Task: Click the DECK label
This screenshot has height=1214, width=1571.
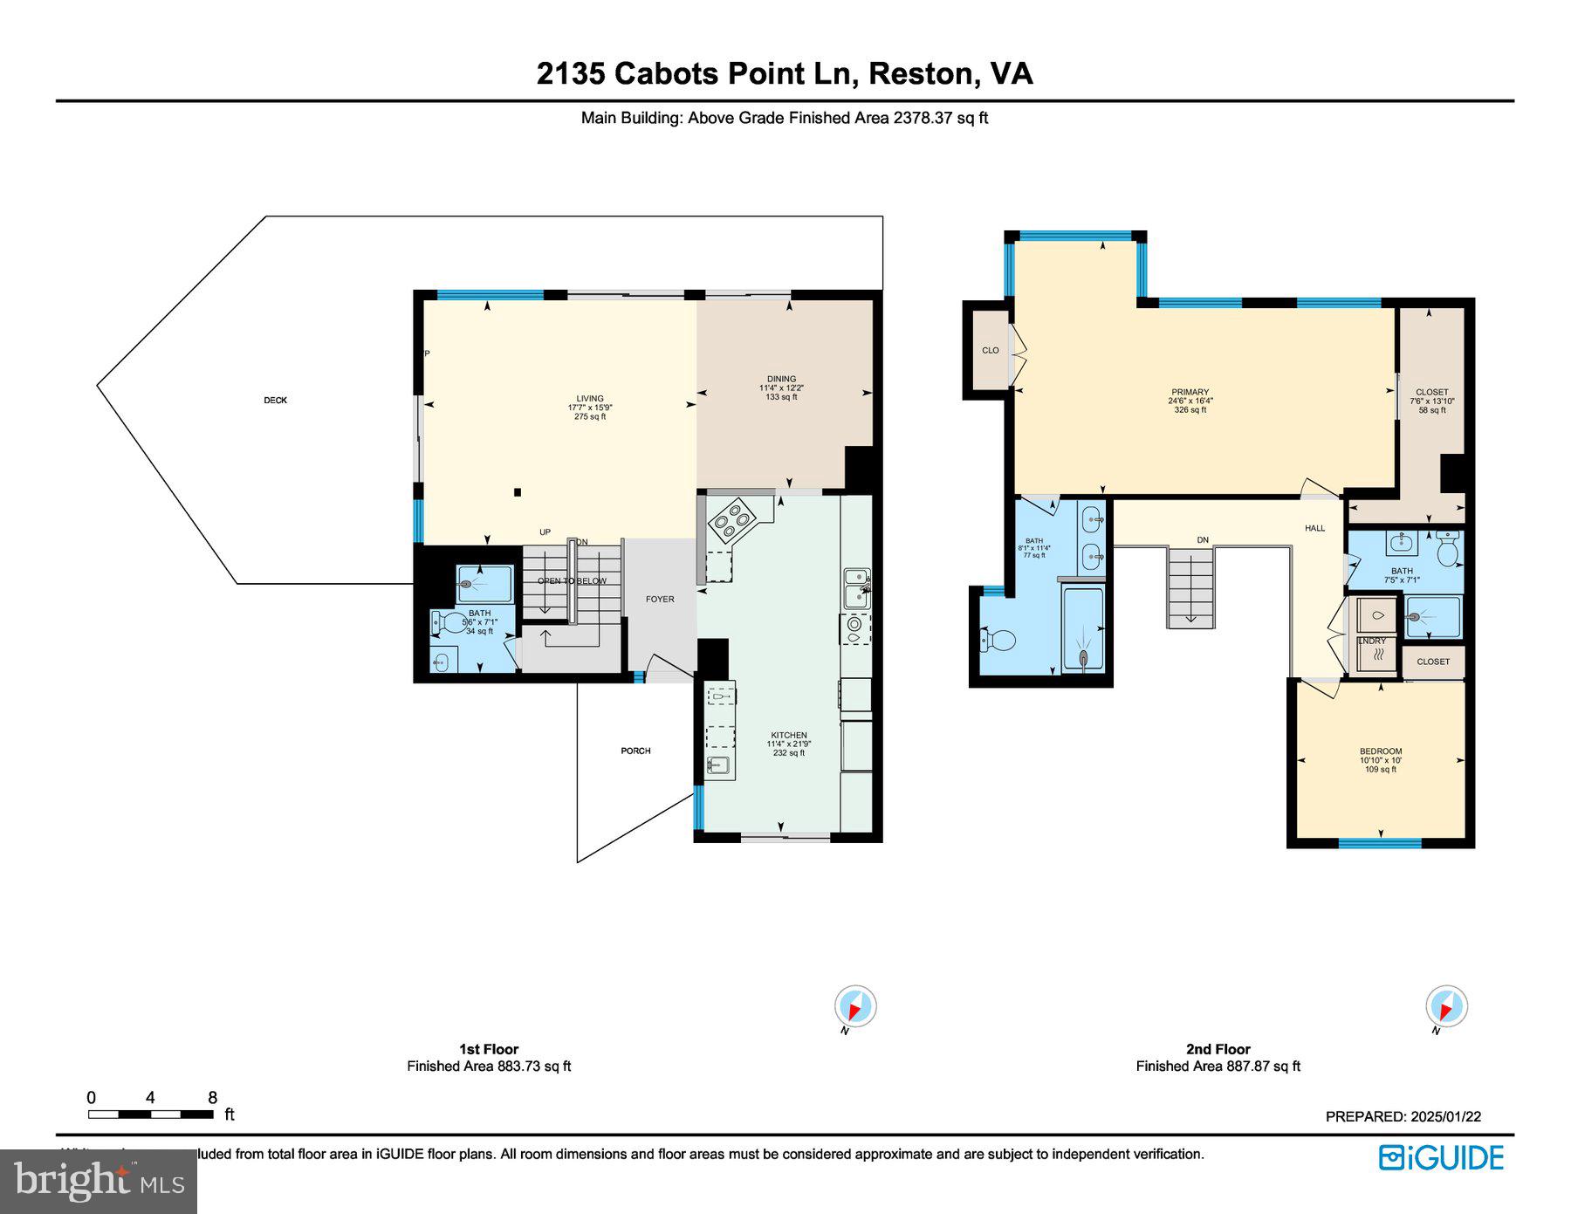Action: [x=275, y=401]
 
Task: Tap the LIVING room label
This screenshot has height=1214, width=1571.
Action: [x=590, y=399]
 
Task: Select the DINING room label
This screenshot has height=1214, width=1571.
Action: [x=781, y=379]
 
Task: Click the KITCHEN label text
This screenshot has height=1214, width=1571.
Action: [x=788, y=735]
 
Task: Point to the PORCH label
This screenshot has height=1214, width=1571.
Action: [x=635, y=751]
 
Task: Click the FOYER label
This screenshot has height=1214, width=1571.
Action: [x=660, y=599]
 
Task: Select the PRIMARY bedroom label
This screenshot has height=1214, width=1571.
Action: [x=1190, y=392]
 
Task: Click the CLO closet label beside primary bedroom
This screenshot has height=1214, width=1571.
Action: [x=990, y=350]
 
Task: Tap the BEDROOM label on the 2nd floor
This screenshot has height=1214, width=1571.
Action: [x=1381, y=751]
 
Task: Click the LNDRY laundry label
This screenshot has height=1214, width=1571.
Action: [x=1372, y=641]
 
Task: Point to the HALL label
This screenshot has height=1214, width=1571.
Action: [x=1314, y=528]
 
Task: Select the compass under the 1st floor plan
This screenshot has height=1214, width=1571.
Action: [x=854, y=1006]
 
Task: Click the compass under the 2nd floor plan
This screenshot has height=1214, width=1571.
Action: [x=1446, y=1006]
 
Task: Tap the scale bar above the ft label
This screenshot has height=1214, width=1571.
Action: [x=150, y=1114]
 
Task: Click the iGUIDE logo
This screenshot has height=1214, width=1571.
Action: [x=1441, y=1157]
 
